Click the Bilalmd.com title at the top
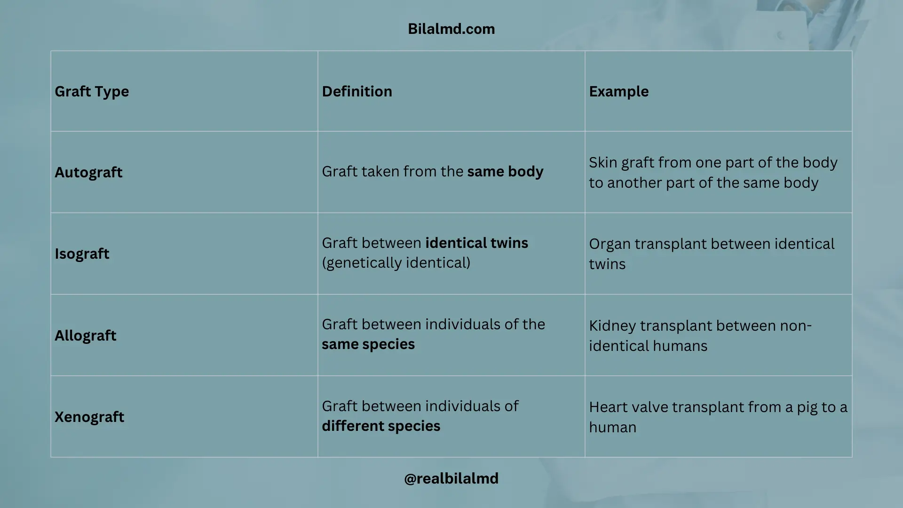pyautogui.click(x=451, y=29)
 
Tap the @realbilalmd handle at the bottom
pyautogui.click(x=451, y=478)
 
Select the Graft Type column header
pyautogui.click(x=92, y=91)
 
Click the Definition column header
pyautogui.click(x=357, y=91)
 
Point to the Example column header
pyautogui.click(x=618, y=91)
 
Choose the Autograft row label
pyautogui.click(x=88, y=172)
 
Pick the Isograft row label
pyautogui.click(x=82, y=254)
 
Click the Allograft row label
pyautogui.click(x=85, y=335)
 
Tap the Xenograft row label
pyautogui.click(x=89, y=417)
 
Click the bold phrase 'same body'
pyautogui.click(x=505, y=172)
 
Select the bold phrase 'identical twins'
pyautogui.click(x=476, y=243)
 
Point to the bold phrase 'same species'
pyautogui.click(x=368, y=344)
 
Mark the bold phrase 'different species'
pyautogui.click(x=381, y=426)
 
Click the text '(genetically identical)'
pyautogui.click(x=396, y=262)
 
